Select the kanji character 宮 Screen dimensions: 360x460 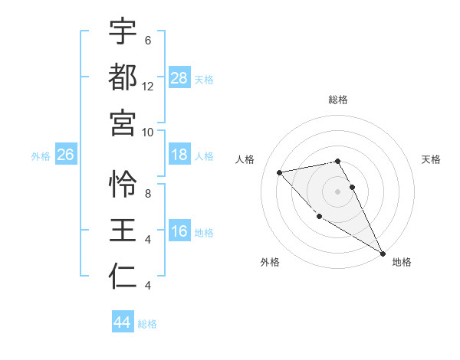coord(123,122)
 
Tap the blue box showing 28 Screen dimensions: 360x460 coord(179,77)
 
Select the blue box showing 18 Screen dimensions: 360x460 coord(179,155)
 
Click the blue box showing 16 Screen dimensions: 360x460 coord(179,231)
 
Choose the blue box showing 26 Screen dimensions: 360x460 coord(65,155)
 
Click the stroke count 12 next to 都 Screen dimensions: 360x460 coord(148,87)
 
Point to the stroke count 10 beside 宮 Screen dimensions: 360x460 coord(148,132)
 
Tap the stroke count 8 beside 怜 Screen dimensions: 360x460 coord(148,194)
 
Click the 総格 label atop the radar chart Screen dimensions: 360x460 coord(338,100)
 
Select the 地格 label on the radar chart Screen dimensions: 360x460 coord(402,262)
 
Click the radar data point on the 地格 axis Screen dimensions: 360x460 coord(383,254)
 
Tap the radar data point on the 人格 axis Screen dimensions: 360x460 coord(280,172)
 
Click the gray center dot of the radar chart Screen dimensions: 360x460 coord(338,191)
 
